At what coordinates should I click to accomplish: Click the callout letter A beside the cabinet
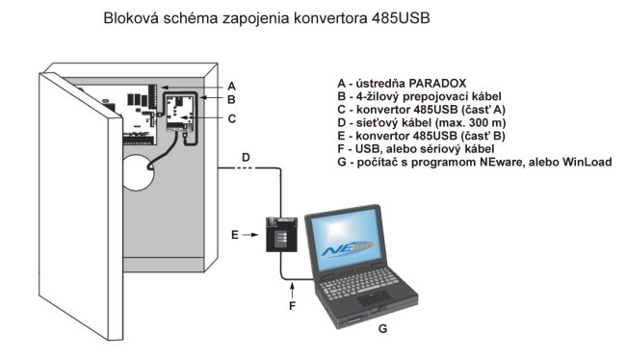coord(231,87)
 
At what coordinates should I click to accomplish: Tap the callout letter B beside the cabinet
coord(231,99)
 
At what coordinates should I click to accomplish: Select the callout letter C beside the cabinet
coord(231,119)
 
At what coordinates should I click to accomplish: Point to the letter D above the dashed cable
coord(246,157)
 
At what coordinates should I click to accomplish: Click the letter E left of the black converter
coord(235,235)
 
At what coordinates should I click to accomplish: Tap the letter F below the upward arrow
coord(292,306)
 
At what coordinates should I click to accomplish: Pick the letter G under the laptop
coord(382,328)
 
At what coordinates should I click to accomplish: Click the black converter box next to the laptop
coord(281,234)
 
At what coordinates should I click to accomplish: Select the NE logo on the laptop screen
coord(347,249)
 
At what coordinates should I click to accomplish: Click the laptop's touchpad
coord(373,296)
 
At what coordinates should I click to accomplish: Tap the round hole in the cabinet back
coord(138,172)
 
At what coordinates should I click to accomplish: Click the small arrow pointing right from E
coord(250,235)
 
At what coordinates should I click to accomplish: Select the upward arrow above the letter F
coord(292,290)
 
